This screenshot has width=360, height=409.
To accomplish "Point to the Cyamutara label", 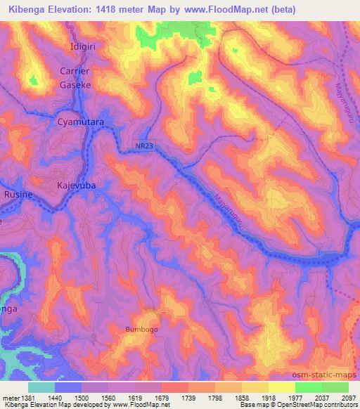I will (80, 122).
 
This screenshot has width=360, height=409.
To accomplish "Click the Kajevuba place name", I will (75, 185).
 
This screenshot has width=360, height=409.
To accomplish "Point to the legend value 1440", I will (56, 397).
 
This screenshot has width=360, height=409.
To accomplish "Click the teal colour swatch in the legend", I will (41, 387).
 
